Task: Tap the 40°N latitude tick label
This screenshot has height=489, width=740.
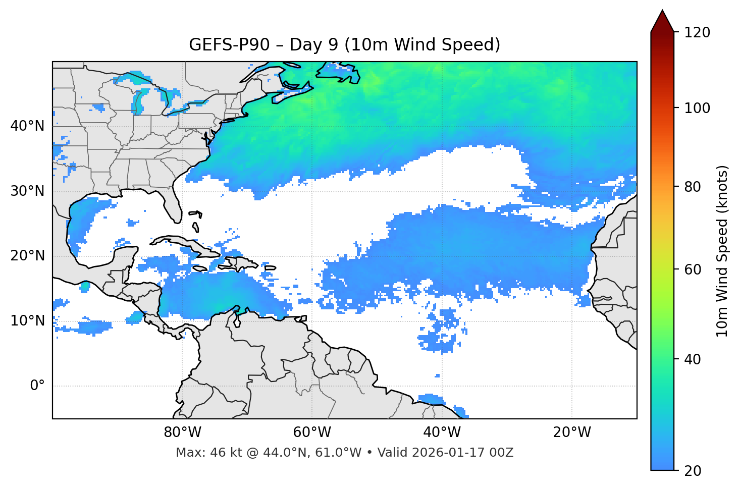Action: pyautogui.click(x=27, y=126)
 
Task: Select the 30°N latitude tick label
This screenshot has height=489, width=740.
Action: pyautogui.click(x=27, y=191)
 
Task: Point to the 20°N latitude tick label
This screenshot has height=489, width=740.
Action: pyautogui.click(x=27, y=256)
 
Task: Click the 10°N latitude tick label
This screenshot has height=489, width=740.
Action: pyautogui.click(x=27, y=321)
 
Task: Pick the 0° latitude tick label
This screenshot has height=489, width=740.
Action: pyautogui.click(x=37, y=386)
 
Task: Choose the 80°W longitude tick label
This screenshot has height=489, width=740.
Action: pyautogui.click(x=182, y=432)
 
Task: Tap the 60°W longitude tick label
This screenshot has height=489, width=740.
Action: pyautogui.click(x=312, y=432)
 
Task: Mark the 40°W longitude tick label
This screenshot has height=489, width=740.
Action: pyautogui.click(x=442, y=432)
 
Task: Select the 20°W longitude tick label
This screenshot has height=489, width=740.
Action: pyautogui.click(x=571, y=432)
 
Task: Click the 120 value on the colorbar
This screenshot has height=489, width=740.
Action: pyautogui.click(x=697, y=32)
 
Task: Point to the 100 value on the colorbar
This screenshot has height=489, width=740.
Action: pyautogui.click(x=697, y=108)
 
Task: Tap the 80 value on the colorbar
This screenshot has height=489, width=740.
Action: pyautogui.click(x=693, y=187)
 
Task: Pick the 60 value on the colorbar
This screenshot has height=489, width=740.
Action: pyautogui.click(x=693, y=269)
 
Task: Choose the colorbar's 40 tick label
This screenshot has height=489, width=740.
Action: pyautogui.click(x=693, y=359)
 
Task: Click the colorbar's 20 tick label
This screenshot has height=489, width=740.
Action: pyautogui.click(x=693, y=471)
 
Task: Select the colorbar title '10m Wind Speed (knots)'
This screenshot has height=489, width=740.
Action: pyautogui.click(x=722, y=251)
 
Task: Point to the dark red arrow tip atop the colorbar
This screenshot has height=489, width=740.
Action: pyautogui.click(x=662, y=20)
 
